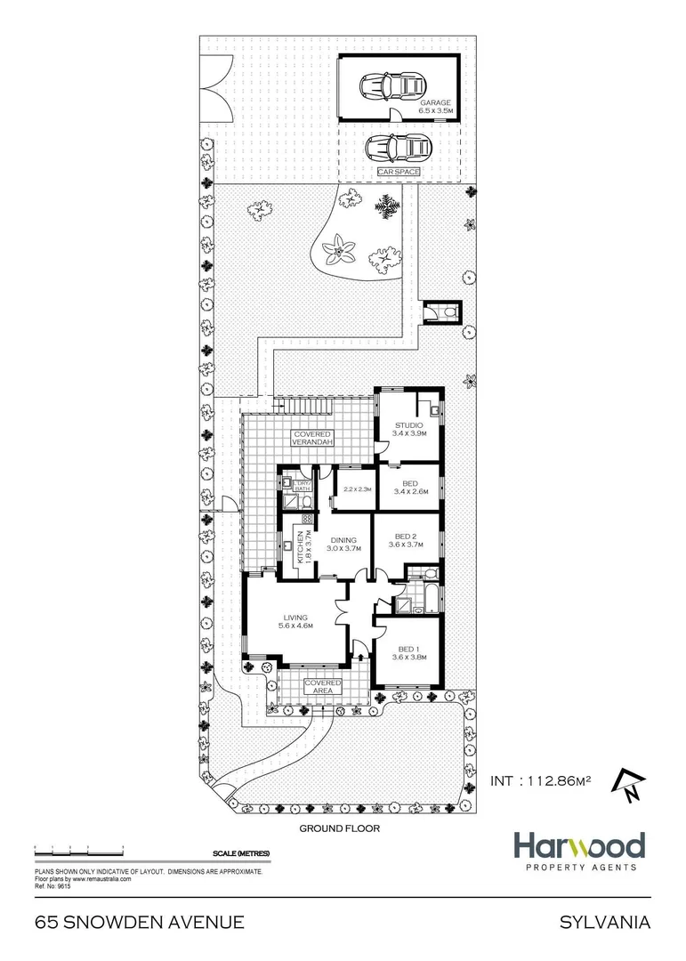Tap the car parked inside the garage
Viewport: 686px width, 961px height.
tap(391, 86)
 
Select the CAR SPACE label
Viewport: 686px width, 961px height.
tap(398, 171)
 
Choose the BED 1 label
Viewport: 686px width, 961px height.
tap(405, 651)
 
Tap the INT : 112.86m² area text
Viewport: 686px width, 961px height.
tap(540, 781)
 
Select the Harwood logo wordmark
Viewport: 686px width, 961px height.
tap(578, 844)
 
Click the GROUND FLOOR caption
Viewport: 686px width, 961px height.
tap(339, 828)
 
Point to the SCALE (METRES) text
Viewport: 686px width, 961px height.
tap(241, 854)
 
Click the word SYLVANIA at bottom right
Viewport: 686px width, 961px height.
tap(604, 923)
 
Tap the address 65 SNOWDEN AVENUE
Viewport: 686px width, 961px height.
tap(139, 923)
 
